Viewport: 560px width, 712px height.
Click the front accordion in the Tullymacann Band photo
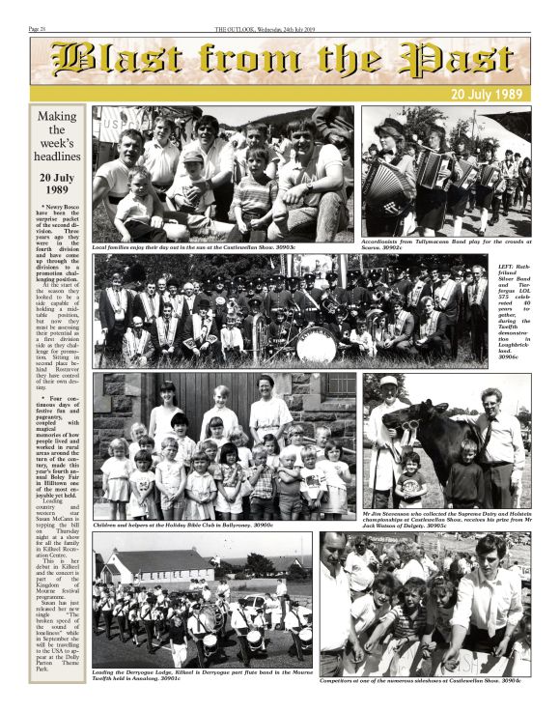[x=386, y=184]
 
